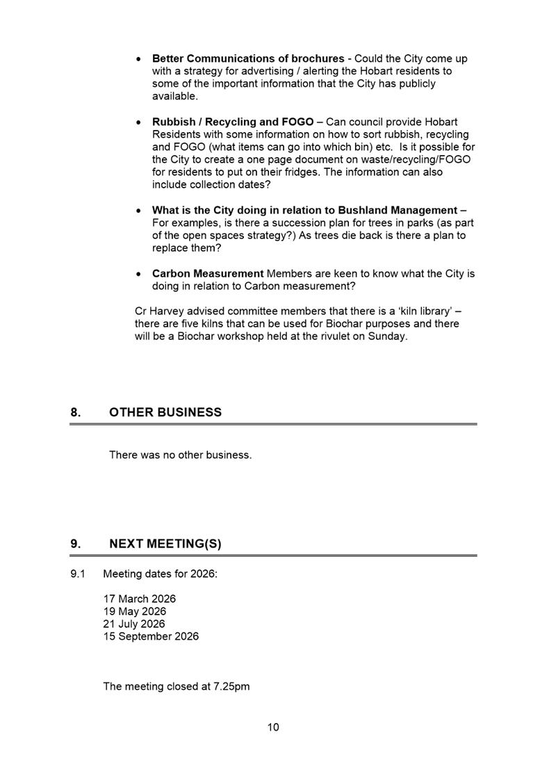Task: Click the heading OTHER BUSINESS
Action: [165, 412]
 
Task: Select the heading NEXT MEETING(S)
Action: [165, 544]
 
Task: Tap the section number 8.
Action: [75, 412]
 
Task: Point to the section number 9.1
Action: [77, 574]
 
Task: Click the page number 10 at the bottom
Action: [273, 727]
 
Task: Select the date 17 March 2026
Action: [140, 599]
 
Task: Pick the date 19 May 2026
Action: [135, 611]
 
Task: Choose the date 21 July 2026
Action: [134, 624]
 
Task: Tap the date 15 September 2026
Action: [151, 636]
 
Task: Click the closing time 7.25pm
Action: [231, 686]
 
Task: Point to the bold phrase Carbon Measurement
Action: [208, 274]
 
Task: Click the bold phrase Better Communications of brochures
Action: [248, 58]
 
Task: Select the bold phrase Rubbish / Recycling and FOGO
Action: [233, 122]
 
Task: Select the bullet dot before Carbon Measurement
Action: [140, 274]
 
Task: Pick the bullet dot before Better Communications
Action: [140, 58]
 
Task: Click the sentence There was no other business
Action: [180, 455]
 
